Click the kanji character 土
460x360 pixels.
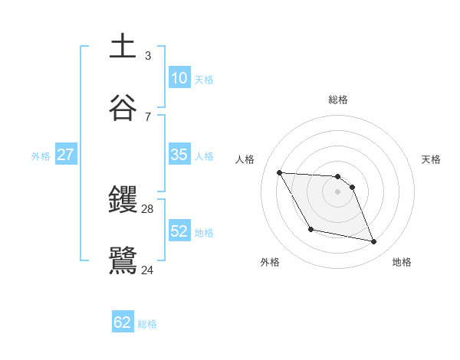point(123,46)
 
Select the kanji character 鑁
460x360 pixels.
point(123,200)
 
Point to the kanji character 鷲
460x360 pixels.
point(123,260)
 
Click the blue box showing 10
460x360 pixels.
point(179,78)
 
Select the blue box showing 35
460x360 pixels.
point(179,155)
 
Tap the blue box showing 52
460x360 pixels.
point(179,231)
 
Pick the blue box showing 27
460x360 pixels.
point(65,155)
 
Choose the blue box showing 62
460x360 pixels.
point(123,322)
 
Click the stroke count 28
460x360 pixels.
point(148,208)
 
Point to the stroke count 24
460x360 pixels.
point(148,269)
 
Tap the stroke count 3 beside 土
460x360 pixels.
point(148,55)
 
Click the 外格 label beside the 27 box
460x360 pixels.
point(41,155)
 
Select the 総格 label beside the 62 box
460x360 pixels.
point(147,324)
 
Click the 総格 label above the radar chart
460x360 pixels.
point(338,100)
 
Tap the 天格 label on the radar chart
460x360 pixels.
point(432,159)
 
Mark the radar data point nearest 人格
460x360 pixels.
point(279,172)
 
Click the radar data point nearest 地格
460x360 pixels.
point(374,242)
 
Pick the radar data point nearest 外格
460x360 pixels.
point(310,229)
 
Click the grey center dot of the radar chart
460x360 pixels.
point(338,192)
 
